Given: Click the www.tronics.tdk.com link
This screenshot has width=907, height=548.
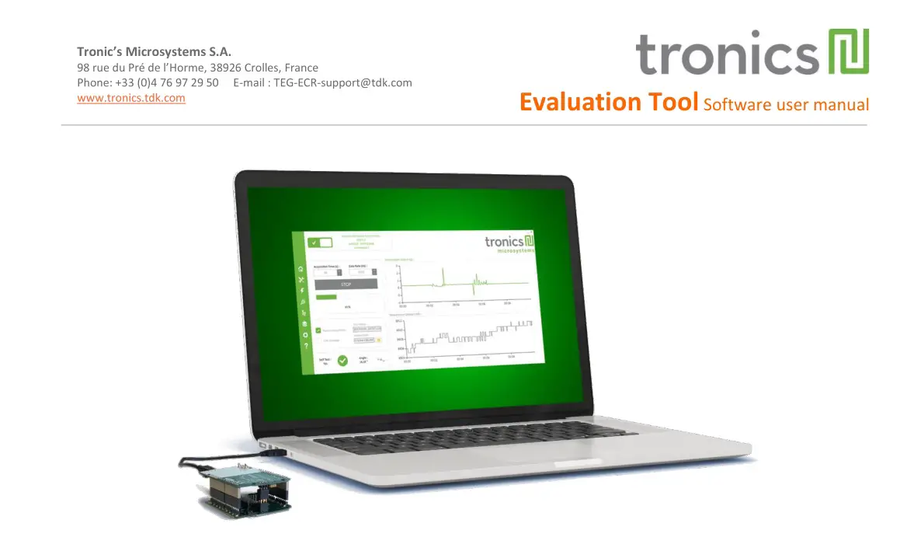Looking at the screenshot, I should [131, 98].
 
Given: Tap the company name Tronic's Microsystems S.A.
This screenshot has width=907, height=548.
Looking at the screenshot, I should [154, 52].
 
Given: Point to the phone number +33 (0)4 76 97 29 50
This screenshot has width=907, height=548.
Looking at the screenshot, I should [166, 82].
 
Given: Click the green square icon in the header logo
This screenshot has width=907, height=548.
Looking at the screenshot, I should [849, 51].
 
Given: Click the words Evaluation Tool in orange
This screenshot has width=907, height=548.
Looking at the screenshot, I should [609, 102].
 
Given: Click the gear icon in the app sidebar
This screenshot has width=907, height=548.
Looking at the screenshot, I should [305, 334].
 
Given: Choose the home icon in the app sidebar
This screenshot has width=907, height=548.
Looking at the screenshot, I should [300, 269].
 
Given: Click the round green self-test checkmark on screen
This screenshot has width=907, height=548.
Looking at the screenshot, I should [342, 360].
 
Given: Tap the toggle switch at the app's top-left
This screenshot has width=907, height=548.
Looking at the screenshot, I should [320, 243].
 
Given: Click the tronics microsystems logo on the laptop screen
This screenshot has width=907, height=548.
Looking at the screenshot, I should [509, 244].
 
